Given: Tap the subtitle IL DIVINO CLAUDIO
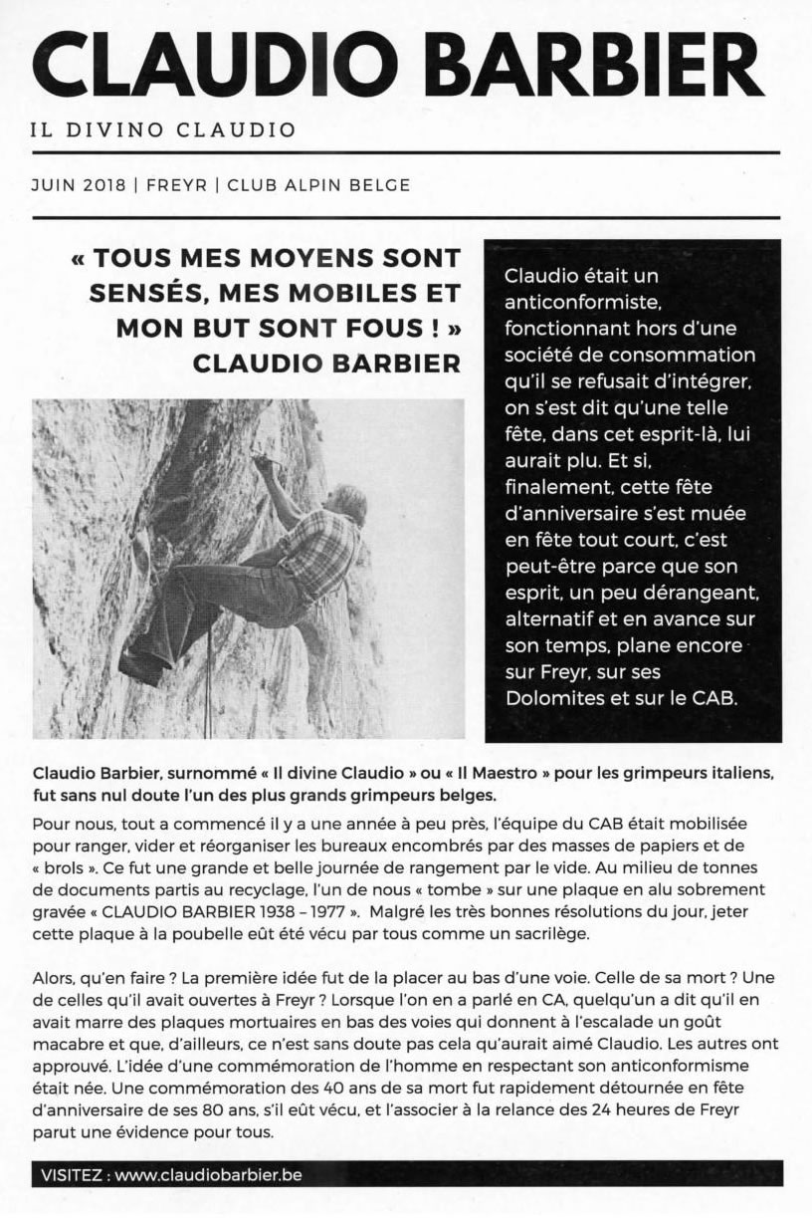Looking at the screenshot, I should point(163,130).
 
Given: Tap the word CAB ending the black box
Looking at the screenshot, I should point(713,698).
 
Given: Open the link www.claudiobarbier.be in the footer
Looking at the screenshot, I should point(208,1174).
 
